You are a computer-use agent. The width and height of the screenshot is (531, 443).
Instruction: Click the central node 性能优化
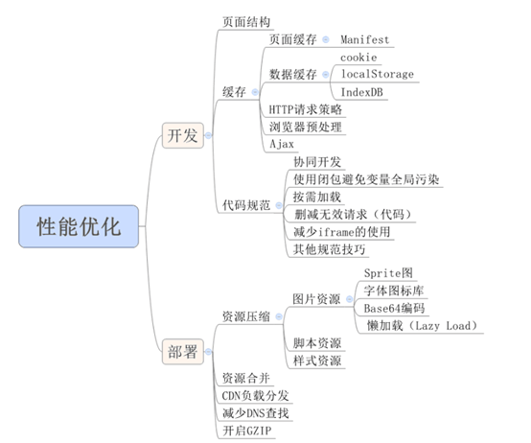click(x=79, y=226)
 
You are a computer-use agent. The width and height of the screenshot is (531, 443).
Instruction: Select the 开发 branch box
click(x=183, y=135)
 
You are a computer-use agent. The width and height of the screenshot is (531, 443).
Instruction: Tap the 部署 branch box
click(x=183, y=352)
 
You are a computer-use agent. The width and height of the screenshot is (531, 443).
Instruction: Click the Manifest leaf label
click(x=365, y=39)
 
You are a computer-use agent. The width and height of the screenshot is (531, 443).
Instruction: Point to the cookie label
click(x=358, y=58)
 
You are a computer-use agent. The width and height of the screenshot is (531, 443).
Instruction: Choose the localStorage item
click(x=378, y=74)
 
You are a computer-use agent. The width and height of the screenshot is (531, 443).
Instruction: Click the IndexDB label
click(x=361, y=92)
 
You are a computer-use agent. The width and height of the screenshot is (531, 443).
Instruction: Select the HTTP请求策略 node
click(x=306, y=109)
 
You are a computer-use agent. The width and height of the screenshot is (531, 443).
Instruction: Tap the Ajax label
click(x=282, y=144)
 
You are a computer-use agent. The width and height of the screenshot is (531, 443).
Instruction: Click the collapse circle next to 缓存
click(x=255, y=92)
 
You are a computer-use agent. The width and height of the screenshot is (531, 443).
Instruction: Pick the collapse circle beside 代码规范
click(x=279, y=205)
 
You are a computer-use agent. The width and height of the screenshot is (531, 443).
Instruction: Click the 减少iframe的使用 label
click(x=341, y=232)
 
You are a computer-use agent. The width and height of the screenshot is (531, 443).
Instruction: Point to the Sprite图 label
click(x=388, y=273)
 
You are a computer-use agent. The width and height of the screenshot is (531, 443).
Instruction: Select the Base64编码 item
click(x=394, y=308)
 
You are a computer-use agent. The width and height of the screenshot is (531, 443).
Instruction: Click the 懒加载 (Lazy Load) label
click(x=422, y=326)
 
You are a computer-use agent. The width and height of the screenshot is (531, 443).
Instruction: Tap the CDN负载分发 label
click(x=255, y=396)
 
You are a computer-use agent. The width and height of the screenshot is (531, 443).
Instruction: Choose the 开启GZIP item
click(x=247, y=431)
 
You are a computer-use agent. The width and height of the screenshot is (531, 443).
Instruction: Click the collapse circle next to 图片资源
click(x=349, y=299)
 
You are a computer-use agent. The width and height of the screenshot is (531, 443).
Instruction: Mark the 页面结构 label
click(x=246, y=22)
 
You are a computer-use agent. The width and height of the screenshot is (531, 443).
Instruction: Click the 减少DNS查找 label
click(x=255, y=413)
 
